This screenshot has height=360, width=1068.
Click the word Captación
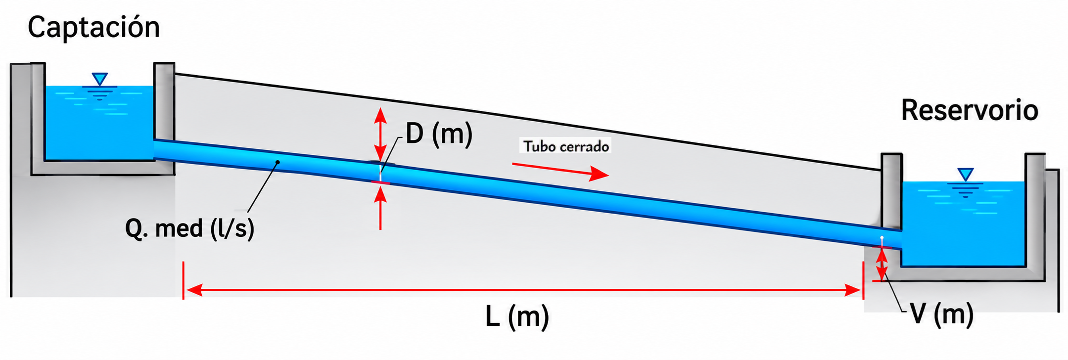[94, 28]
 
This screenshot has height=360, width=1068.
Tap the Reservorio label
[970, 110]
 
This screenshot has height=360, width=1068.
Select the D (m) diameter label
[439, 134]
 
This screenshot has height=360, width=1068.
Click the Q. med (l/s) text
[190, 228]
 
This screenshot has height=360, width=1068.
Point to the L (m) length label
[517, 316]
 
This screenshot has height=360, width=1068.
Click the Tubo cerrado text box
[566, 146]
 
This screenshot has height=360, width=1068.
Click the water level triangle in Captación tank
[100, 79]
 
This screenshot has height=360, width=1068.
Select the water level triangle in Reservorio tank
[965, 174]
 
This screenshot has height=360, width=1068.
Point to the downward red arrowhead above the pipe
[380, 151]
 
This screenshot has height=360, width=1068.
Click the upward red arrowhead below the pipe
[380, 196]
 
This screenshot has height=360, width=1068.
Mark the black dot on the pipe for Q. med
[278, 162]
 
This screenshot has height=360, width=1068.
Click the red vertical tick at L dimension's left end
[184, 280]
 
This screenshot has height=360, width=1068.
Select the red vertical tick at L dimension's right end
[863, 280]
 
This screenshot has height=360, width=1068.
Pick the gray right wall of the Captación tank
[164, 101]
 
